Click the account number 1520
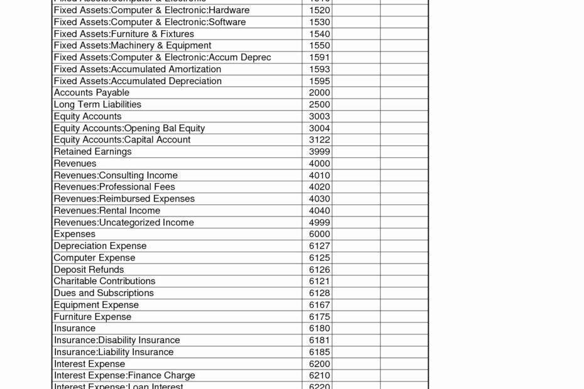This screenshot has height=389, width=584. [x=320, y=10]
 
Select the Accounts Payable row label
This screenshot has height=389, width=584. [x=92, y=93]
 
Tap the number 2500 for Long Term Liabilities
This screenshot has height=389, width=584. [x=320, y=104]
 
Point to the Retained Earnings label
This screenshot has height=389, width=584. [x=93, y=152]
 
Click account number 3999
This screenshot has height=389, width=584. [x=320, y=152]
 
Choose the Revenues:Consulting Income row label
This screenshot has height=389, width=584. [x=116, y=175]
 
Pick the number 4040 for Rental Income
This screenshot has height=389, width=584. [x=320, y=211]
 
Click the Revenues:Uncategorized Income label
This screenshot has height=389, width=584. [x=124, y=223]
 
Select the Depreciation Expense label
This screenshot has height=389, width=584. [x=100, y=246]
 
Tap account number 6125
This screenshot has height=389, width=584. [x=320, y=258]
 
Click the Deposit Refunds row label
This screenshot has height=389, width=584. [x=89, y=270]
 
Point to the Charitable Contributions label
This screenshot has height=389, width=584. [x=104, y=281]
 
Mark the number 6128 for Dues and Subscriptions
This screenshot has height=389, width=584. [x=320, y=293]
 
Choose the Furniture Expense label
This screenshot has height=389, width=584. [x=92, y=317]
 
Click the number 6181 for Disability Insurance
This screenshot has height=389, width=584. [x=320, y=340]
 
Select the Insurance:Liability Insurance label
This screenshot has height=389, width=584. [x=114, y=352]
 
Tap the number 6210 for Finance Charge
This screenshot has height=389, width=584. [x=320, y=376]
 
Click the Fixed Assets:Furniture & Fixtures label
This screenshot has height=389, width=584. [x=124, y=34]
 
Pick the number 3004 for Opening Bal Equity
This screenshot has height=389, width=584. [x=320, y=128]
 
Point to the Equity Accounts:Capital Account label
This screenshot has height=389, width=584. [x=122, y=140]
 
